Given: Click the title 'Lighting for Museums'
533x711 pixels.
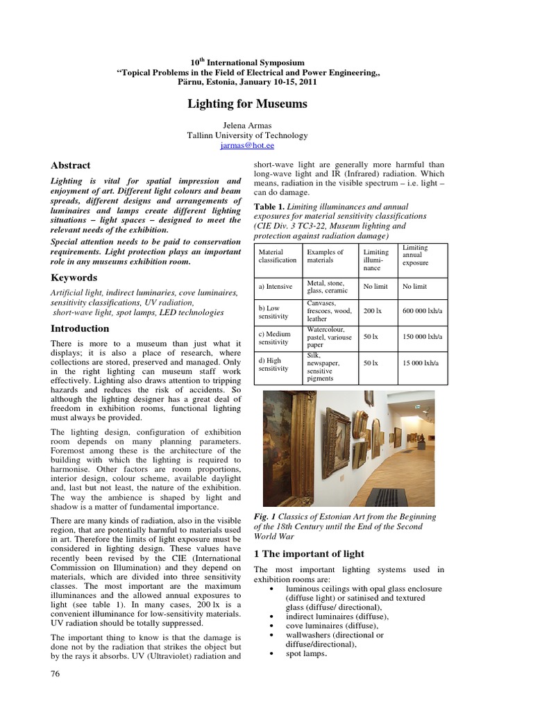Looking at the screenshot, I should click(247, 103).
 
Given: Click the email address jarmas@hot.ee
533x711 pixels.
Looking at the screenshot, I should click(247, 146).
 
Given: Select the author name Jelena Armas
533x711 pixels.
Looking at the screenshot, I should click(247, 126).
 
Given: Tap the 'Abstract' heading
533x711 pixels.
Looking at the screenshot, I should click(71, 165).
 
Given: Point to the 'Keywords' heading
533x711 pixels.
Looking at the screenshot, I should click(74, 278).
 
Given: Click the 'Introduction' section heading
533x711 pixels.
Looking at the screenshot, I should click(80, 328).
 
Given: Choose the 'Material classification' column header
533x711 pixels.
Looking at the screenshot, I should click(277, 256).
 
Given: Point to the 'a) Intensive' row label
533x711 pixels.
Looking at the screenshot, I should click(276, 286).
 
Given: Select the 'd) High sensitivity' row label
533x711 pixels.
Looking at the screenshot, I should click(270, 364).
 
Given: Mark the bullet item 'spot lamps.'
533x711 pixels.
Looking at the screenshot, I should click(306, 653).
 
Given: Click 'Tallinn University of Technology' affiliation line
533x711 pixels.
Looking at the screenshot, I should click(247, 136).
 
